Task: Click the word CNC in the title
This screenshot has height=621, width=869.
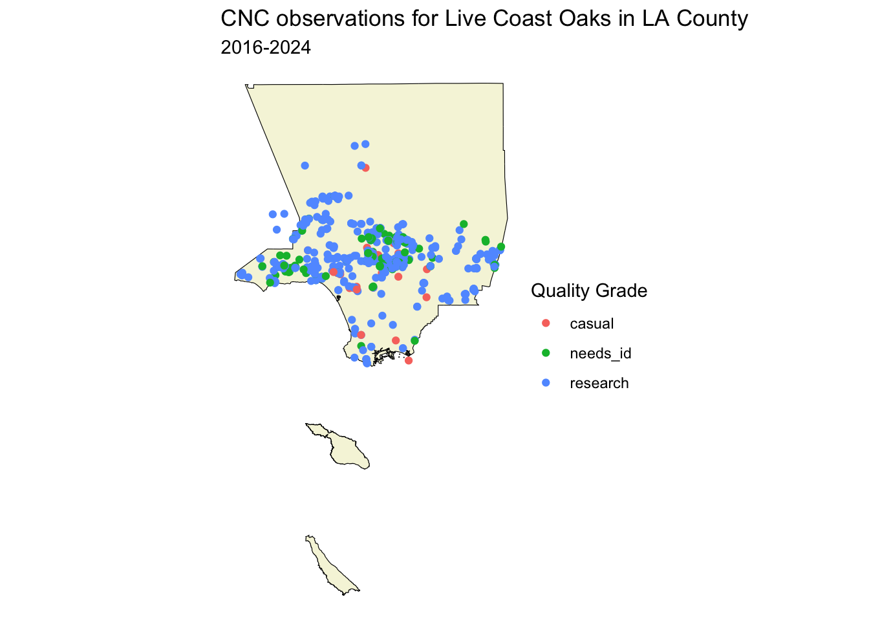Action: coord(245,18)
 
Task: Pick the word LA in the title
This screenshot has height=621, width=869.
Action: coord(655,18)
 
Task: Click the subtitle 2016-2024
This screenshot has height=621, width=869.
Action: coord(266,48)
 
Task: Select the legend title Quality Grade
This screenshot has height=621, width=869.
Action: coord(589,290)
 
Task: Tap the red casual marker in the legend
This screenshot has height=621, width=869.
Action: coord(546,323)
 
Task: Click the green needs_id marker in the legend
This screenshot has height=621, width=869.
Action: coord(546,353)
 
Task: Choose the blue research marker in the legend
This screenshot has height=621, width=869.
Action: coord(546,383)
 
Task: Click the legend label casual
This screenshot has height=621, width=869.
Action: coord(592,323)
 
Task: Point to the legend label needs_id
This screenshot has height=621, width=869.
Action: coord(601,354)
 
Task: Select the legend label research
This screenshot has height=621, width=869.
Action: coord(599,384)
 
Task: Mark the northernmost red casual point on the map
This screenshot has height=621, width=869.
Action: coord(365,168)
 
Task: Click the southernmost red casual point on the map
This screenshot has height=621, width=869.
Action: coord(409,360)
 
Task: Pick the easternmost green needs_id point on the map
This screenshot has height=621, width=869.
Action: coord(501,247)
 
